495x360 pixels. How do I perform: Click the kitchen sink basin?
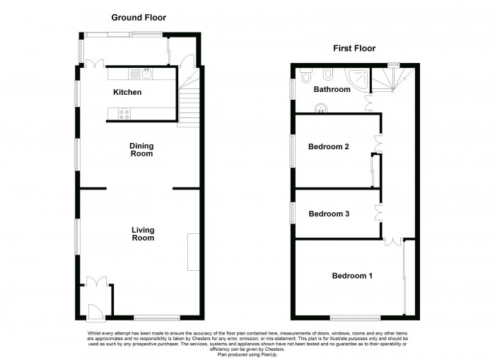pos(147,73)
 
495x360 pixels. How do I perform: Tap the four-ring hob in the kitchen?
pos(124,113)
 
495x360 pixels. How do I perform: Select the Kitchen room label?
pos(127,93)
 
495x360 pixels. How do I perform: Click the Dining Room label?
pos(141,150)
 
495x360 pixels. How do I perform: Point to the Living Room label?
pos(142,234)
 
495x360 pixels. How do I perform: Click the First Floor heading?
pos(354,48)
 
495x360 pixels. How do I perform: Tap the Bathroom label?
pos(332,90)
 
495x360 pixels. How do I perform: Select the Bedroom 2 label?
pos(329,147)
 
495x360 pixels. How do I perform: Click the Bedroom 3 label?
pos(329,214)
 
